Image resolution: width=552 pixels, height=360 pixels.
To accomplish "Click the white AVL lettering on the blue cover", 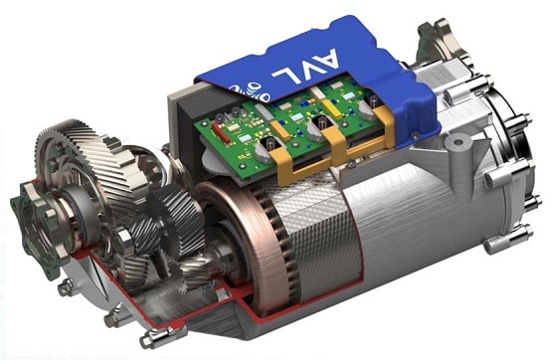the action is (x=305, y=67).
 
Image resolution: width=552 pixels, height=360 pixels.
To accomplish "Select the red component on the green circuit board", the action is (x=221, y=132).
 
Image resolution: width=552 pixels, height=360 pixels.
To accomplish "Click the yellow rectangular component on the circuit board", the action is (x=333, y=109).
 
